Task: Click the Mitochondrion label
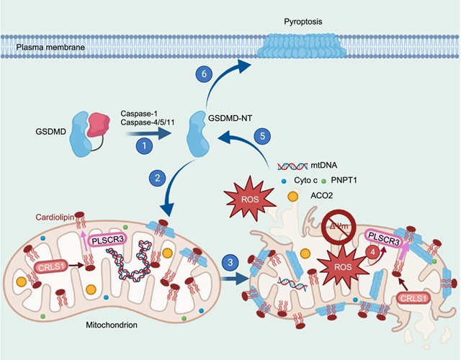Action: pos(104,325)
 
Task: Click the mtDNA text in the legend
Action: pos(325,165)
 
